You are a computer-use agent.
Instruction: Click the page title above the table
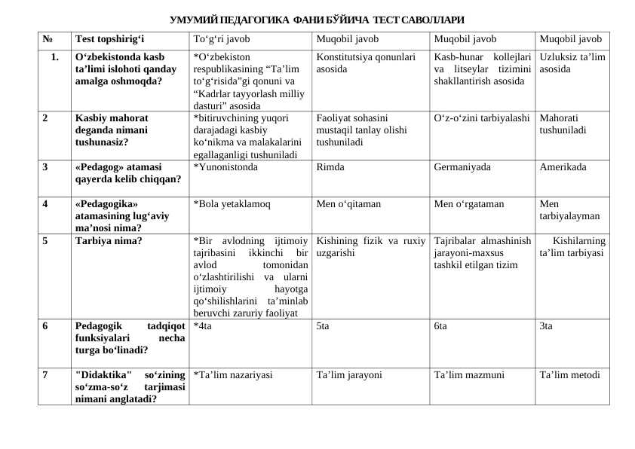(317, 18)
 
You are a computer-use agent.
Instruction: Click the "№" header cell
(48, 39)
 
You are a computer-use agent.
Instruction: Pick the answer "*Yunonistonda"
(225, 167)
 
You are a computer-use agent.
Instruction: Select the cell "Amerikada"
(563, 167)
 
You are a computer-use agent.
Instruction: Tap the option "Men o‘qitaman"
(348, 203)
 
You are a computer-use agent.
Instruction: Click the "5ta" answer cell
(322, 326)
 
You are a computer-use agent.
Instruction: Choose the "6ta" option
(440, 326)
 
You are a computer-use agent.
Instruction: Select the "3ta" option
(546, 326)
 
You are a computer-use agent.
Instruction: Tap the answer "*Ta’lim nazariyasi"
(233, 374)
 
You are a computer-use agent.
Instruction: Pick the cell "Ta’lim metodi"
(570, 374)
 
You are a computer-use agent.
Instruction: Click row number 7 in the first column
(46, 374)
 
